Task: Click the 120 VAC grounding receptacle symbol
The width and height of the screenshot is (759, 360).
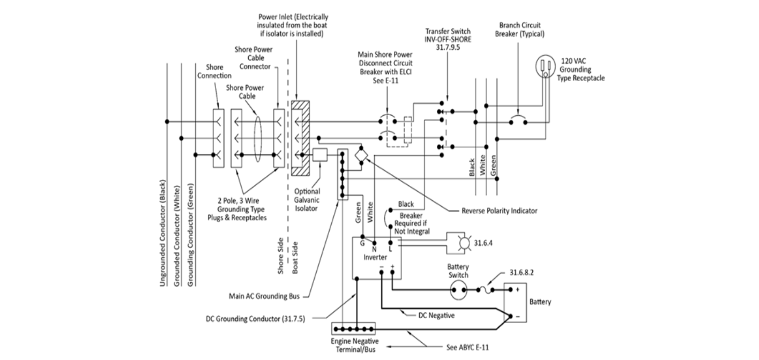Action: coord(546,66)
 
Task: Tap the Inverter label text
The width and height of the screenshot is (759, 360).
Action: coord(375,257)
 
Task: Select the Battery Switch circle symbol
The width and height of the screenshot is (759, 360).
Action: coord(458,290)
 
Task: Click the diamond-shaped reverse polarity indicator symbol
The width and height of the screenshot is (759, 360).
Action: coord(361,155)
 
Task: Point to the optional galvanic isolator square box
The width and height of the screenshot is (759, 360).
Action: coord(320,155)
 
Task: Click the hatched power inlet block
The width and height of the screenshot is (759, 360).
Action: coord(300,138)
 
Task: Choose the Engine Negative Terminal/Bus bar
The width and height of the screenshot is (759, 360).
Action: coord(353,329)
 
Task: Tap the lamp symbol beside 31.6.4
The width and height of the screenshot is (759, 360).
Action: coord(465,243)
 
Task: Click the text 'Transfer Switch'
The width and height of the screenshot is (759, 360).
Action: coord(448,31)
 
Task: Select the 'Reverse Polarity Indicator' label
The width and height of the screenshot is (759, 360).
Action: coord(500,211)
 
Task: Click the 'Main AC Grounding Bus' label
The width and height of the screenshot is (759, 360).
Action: coord(264,296)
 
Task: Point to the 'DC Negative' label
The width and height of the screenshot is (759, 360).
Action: coord(436,316)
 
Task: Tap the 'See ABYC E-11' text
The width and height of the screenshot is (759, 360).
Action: coord(467,347)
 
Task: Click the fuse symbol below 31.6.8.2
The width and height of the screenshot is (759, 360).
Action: coord(486,290)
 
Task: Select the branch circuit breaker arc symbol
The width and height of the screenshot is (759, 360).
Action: coord(518,119)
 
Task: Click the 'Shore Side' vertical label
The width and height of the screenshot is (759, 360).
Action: coord(280,256)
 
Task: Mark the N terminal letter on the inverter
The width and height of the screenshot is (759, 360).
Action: coord(375,250)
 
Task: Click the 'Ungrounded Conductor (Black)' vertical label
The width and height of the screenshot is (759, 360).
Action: coord(163,233)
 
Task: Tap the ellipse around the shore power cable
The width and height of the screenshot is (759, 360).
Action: coord(258,139)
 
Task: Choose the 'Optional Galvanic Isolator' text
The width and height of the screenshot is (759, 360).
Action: coord(307,200)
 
